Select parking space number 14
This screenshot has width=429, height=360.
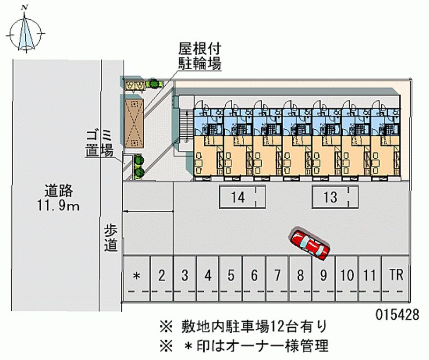coord(242,196)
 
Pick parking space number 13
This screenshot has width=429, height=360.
coord(335,196)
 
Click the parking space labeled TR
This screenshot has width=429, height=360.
coord(396,278)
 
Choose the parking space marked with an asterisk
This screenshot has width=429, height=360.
coord(136,278)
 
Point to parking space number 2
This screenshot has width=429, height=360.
coord(161,278)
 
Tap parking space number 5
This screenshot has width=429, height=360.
coord(231,278)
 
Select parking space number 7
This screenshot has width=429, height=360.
coord(277,278)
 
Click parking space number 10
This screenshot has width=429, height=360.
coord(346,278)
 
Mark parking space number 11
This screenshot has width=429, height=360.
coord(369,278)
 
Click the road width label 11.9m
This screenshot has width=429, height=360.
coord(58,206)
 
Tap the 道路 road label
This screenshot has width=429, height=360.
coord(58,191)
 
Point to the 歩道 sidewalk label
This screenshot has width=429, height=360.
coord(110,238)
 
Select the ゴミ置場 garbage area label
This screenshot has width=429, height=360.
coord(99,143)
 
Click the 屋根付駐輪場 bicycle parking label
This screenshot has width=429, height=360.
coord(199,56)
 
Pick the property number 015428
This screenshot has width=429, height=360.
coord(397,314)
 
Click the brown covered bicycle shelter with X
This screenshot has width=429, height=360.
coord(134,123)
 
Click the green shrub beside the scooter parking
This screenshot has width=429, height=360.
coord(153,83)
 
